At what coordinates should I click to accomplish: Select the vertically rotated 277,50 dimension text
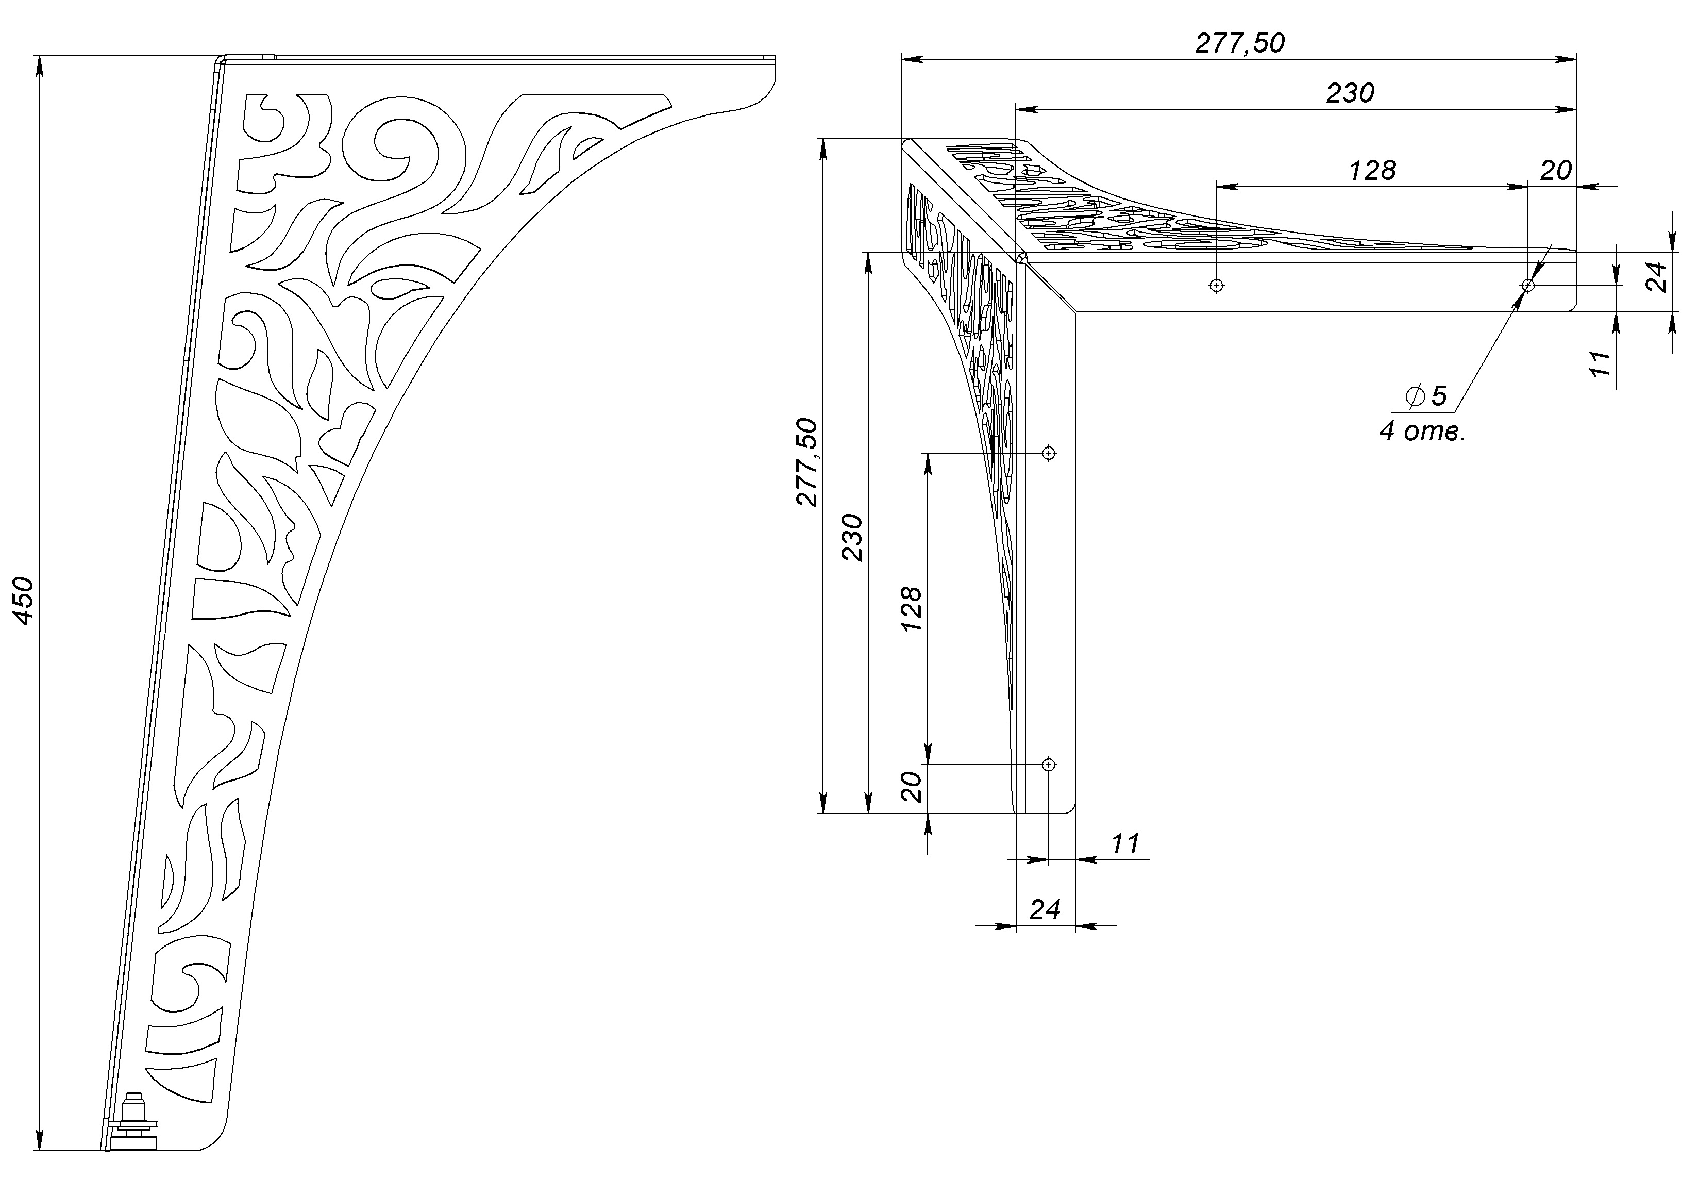(808, 462)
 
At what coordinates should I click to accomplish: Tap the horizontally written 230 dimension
(1350, 93)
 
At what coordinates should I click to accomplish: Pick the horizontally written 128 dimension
(1372, 171)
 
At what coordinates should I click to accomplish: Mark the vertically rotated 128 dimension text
(911, 608)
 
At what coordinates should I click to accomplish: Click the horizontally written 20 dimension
(1555, 171)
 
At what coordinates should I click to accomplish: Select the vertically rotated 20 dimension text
(912, 787)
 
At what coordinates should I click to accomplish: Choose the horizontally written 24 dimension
(1045, 910)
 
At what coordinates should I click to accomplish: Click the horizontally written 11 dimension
(1125, 843)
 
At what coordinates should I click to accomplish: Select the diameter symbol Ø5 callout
(1426, 396)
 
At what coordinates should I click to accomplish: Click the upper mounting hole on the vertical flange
(1048, 453)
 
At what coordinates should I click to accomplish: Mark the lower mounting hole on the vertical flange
(1048, 765)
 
